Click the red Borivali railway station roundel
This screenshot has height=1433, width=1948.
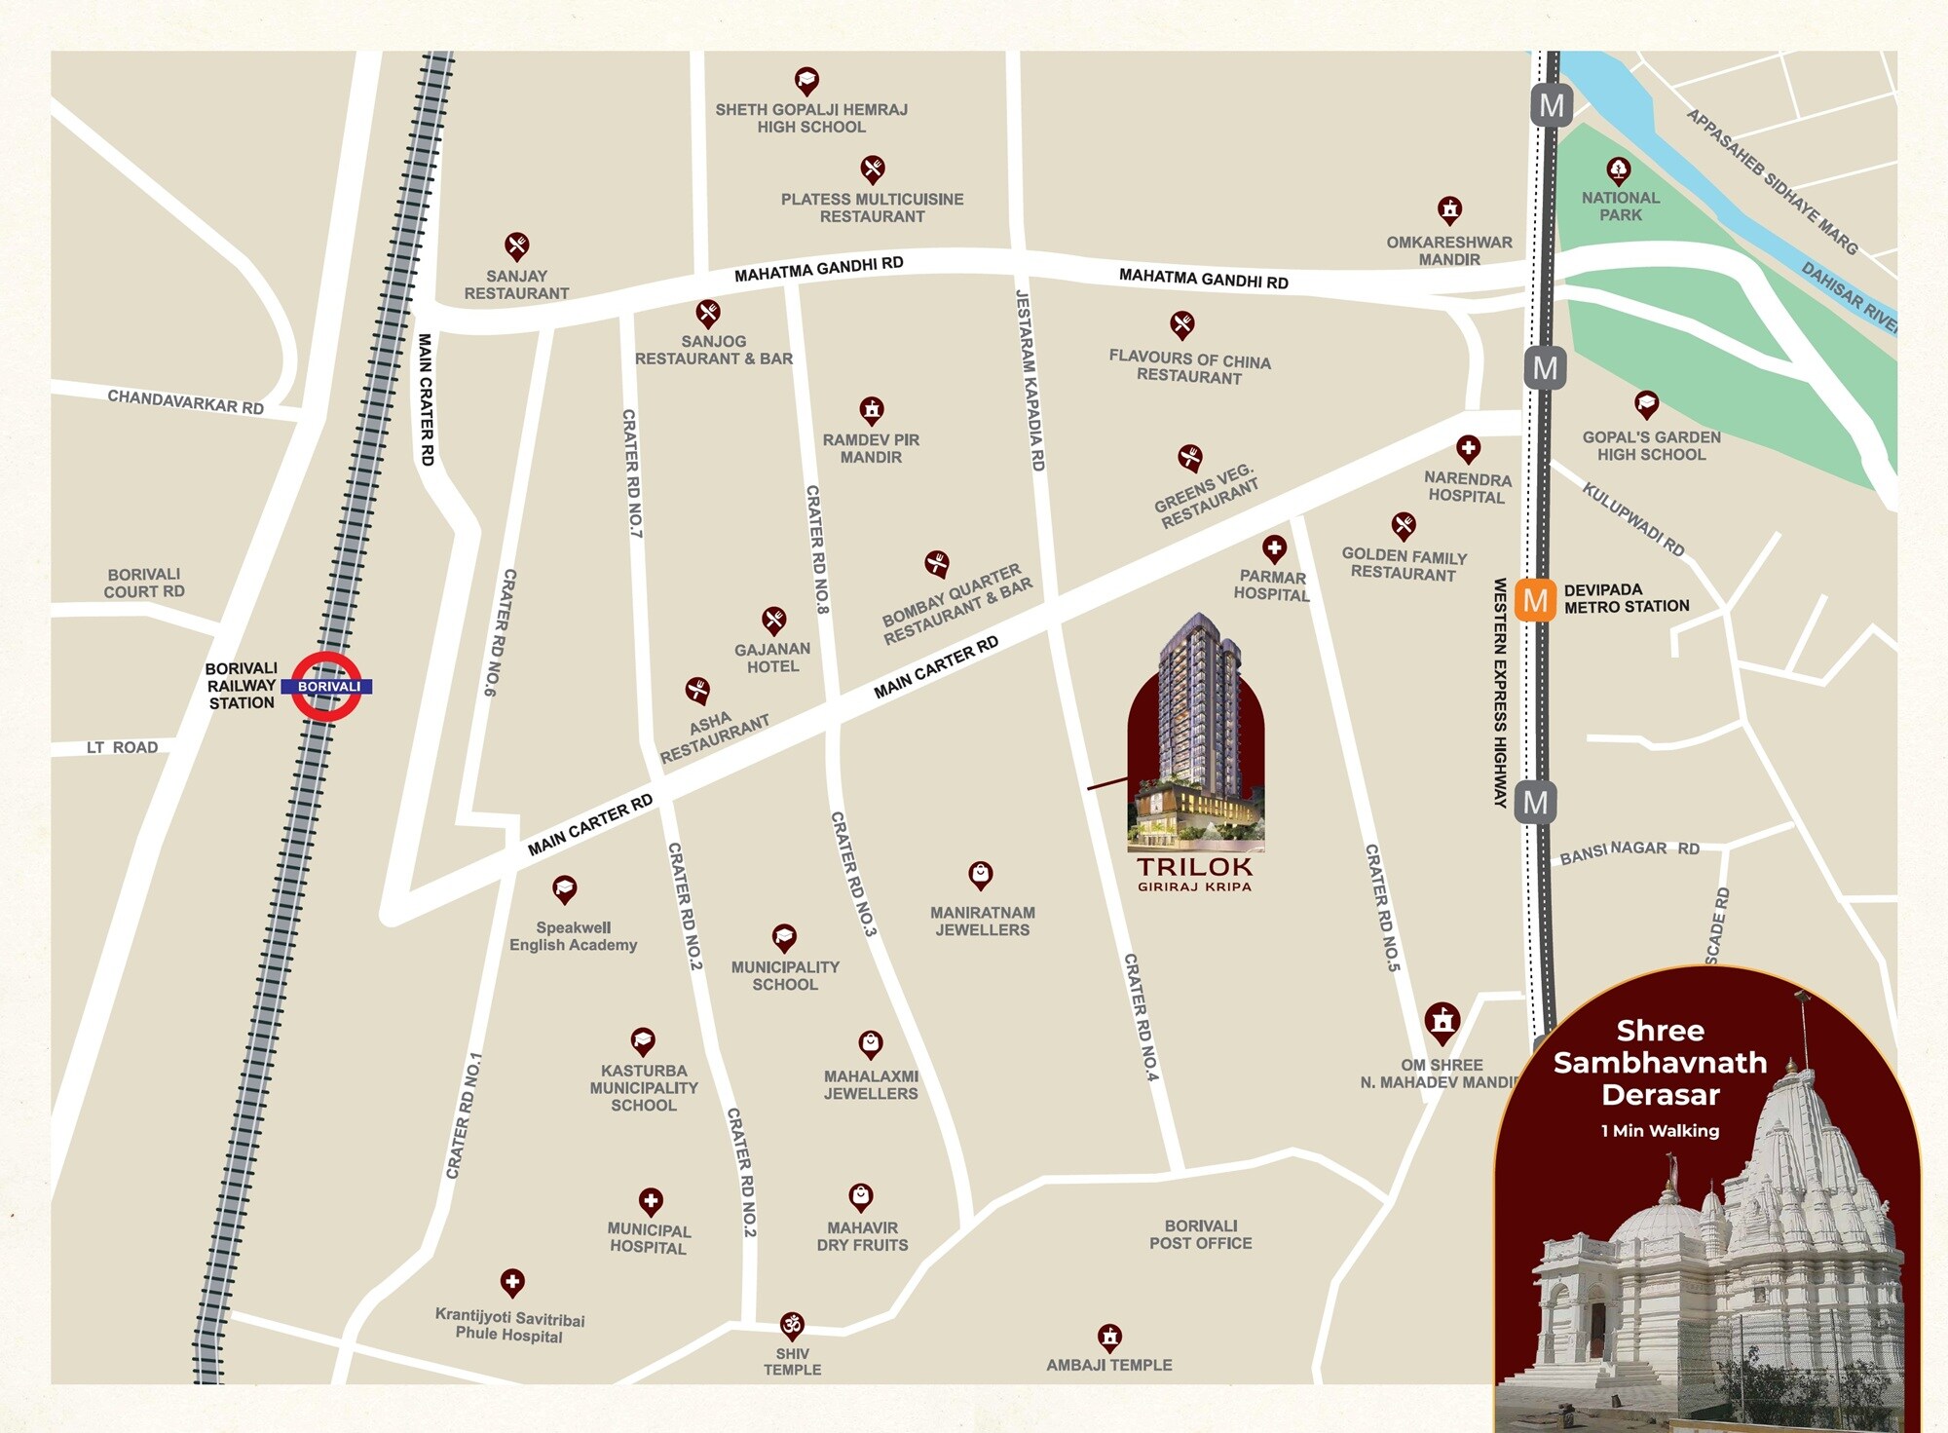[x=327, y=687]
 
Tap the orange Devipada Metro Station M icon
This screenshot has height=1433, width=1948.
[x=1535, y=600]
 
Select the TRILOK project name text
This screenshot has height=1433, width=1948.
[x=1194, y=866]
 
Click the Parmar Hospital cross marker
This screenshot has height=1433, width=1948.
[x=1274, y=548]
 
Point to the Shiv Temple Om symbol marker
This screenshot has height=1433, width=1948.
[x=792, y=1325]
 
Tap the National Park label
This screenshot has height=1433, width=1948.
[x=1620, y=206]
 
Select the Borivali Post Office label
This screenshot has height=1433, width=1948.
[x=1200, y=1234]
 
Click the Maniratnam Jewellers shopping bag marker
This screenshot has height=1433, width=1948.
[x=980, y=874]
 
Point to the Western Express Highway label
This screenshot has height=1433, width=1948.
[x=1500, y=692]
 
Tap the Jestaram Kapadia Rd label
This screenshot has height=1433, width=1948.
[x=1030, y=380]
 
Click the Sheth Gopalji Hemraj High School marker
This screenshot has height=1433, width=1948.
[x=806, y=80]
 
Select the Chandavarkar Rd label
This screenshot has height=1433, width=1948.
[x=185, y=401]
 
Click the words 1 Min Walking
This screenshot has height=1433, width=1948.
[x=1660, y=1131]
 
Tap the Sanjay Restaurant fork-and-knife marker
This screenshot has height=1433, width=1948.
[x=516, y=245]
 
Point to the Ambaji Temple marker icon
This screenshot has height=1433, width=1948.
[x=1109, y=1336]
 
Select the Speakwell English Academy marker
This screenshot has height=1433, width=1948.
[x=564, y=888]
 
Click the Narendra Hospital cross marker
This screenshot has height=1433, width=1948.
[x=1468, y=448]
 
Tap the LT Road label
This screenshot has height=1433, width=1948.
[x=122, y=747]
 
